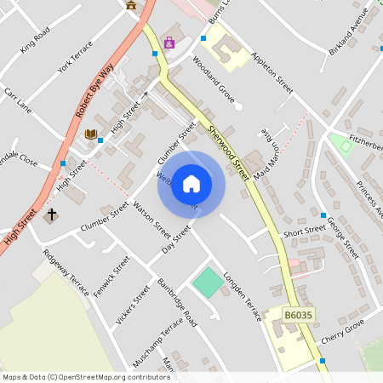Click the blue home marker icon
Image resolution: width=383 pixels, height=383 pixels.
pos(191,184)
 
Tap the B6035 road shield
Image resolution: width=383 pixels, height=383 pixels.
pos(299,315)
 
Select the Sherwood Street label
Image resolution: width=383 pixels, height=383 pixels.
pos(230,151)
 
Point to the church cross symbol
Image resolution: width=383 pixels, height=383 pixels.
pos(51,214)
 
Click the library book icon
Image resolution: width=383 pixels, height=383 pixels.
pos(90,134)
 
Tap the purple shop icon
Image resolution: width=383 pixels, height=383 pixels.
pos(169,43)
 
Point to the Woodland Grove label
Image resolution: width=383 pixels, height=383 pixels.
pos(214,81)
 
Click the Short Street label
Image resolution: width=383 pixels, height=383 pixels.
pos(305,231)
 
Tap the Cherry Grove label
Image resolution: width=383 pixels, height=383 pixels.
pos(343,328)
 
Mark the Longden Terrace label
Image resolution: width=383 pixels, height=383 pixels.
pos(243,296)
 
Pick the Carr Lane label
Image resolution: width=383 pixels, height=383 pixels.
pos(17,100)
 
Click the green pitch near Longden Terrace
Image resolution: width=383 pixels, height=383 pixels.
pos(207,283)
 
